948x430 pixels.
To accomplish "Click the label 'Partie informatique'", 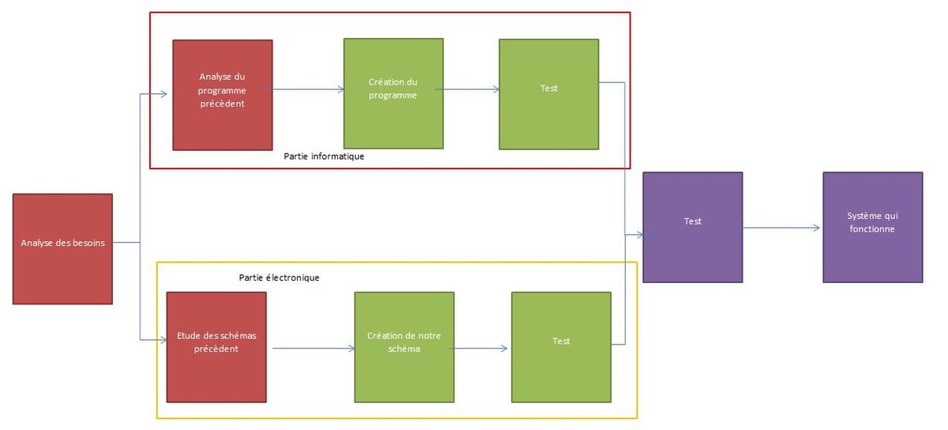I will (x=324, y=157).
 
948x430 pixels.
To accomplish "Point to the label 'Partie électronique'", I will (x=279, y=278).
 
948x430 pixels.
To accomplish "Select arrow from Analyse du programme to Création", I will (x=308, y=89).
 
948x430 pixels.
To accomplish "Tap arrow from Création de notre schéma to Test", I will (x=480, y=348).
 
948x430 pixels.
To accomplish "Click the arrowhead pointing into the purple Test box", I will (x=638, y=235).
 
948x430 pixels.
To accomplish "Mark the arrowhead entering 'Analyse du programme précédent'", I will (x=163, y=95).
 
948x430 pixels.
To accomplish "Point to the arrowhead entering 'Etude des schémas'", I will (x=162, y=340).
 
